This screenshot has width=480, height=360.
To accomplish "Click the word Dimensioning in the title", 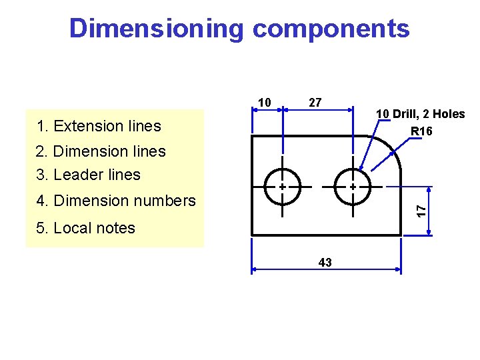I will [157, 29].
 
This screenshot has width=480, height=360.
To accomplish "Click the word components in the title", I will [331, 29].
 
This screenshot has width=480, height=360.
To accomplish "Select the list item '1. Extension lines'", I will [99, 126].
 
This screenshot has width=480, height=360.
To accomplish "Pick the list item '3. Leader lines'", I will [89, 175].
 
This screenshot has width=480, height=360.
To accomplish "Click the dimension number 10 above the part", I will [264, 103].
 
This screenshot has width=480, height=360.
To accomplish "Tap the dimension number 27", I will [315, 102].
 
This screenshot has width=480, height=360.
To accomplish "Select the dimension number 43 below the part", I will [325, 262].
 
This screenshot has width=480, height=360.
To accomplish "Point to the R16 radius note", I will [421, 131].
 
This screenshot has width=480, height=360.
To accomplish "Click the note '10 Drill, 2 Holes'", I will [420, 114].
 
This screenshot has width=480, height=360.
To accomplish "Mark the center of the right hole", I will [352, 187].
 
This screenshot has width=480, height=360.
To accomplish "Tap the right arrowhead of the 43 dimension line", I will [398, 270].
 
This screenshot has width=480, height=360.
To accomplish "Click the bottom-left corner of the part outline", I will [252, 235].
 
